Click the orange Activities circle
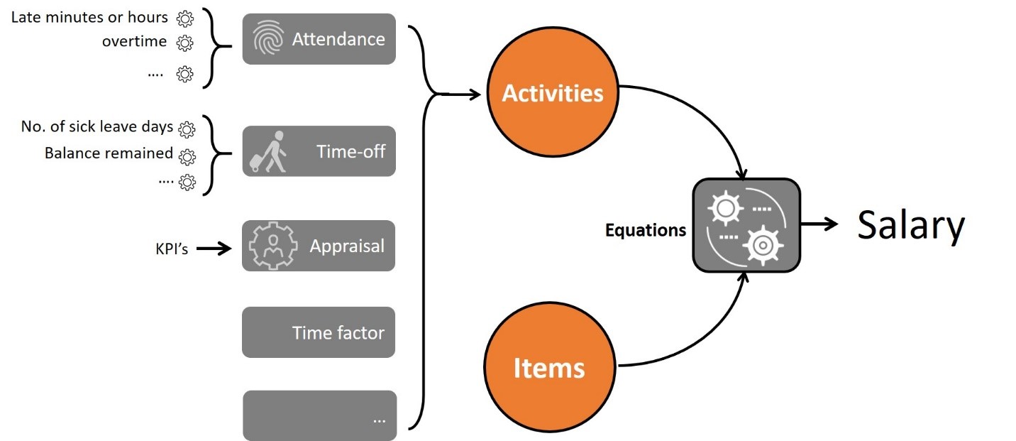(553, 92)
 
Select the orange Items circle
(550, 367)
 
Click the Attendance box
(319, 39)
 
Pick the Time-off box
(319, 151)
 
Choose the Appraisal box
(319, 246)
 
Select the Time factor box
(319, 332)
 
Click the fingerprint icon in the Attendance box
(268, 39)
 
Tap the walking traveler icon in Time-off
(268, 152)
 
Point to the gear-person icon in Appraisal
(273, 246)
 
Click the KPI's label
(172, 249)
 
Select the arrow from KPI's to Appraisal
(214, 249)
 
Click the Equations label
(646, 230)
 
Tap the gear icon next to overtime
(184, 43)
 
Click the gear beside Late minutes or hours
(185, 18)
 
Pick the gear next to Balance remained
(187, 157)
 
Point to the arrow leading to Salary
(819, 224)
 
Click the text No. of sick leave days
(97, 126)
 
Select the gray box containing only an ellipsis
(320, 415)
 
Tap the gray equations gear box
(746, 225)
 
